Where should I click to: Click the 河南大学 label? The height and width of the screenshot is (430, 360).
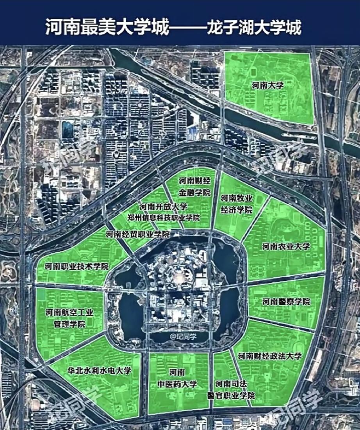click(267, 86)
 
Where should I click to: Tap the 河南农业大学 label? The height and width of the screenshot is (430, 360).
click(286, 246)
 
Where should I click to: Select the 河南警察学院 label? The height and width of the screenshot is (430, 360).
click(286, 302)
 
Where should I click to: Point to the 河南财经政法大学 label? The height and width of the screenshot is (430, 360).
click(270, 356)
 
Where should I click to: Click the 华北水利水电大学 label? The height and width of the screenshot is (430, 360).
click(99, 371)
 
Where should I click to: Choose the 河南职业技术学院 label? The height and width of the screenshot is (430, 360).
click(77, 267)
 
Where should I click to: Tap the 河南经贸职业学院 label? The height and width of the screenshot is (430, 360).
click(138, 234)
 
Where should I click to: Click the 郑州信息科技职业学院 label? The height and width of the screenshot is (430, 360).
click(164, 218)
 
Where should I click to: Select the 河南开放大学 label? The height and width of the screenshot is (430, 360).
click(164, 206)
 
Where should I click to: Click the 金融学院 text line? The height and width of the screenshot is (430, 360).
click(194, 193)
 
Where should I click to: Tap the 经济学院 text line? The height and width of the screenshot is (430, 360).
click(237, 209)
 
